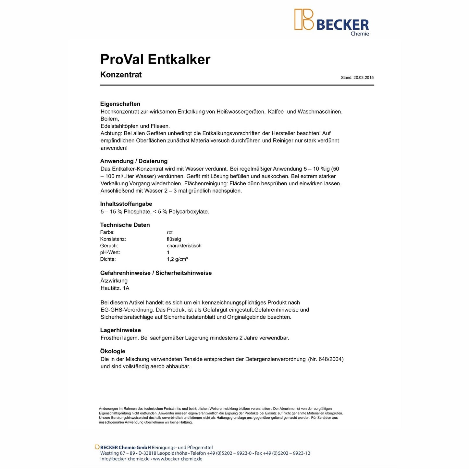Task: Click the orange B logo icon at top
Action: pos(304,19)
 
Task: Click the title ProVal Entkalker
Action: pos(155,59)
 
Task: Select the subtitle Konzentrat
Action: pos(121,75)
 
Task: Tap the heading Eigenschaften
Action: pos(120,104)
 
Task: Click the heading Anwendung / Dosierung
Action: pos(134,161)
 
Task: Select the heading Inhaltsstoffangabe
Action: pos(126,204)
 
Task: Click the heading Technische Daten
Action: pos(125,225)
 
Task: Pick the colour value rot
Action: pos(170,232)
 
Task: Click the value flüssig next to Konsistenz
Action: pos(174,239)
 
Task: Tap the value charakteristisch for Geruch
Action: pos(184,246)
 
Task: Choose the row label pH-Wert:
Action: pos(110,253)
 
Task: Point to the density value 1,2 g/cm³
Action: pos(177,259)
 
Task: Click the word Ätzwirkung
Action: pos(114,281)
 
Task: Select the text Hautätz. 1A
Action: pos(115,288)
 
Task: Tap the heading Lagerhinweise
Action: pos(120,330)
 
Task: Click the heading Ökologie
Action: pos(113,351)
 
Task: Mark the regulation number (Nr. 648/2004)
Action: pos(326,359)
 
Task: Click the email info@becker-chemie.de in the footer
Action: pos(125,459)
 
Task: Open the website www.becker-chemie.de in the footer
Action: pos(178,459)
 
